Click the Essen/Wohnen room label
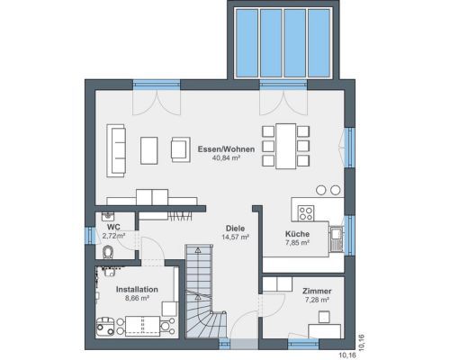pos(226,149)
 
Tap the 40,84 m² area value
pos(226,157)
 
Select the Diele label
pos(235,229)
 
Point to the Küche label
pos(297,234)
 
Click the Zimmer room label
pos(317,291)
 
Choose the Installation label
pos(137,290)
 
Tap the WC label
pos(113,227)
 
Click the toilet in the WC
pos(108,252)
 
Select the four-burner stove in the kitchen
pos(306,213)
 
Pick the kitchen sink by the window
pos(337,239)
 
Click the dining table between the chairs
pos(286,146)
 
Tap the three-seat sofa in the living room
pos(116,150)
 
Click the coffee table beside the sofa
pos(149,150)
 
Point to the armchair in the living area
pos(181,149)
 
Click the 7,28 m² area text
pos(317,300)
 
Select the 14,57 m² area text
pos(235,237)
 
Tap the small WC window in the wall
pos(90,235)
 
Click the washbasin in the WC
pos(108,215)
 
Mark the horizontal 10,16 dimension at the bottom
pos(347,355)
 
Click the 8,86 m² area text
pos(137,298)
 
